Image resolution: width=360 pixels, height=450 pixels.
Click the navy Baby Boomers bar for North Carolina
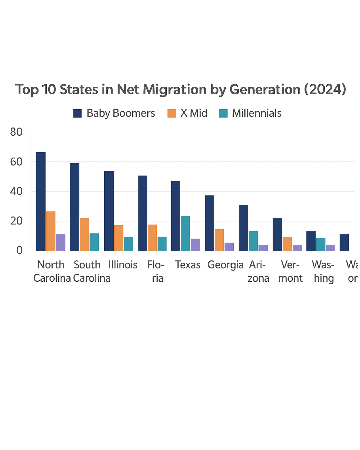(x=41, y=202)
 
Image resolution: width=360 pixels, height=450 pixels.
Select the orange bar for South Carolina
(x=84, y=234)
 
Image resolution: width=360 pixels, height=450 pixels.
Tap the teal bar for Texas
(x=185, y=233)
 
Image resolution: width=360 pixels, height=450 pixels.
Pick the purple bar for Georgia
(x=229, y=247)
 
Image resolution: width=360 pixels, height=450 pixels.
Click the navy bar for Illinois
(x=109, y=211)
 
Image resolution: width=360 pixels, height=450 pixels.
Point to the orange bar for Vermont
(x=287, y=244)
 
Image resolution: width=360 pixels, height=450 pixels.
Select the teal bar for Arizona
(x=253, y=241)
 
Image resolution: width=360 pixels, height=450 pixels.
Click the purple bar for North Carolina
(x=61, y=242)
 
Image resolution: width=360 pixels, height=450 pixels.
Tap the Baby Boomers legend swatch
(x=77, y=113)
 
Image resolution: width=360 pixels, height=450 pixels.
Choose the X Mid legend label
(x=194, y=113)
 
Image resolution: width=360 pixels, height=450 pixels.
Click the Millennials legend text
(x=257, y=113)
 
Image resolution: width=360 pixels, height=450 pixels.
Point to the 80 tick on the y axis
(x=16, y=132)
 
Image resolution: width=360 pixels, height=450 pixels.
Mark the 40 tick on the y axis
(x=16, y=191)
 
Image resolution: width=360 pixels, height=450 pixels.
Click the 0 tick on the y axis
(x=19, y=250)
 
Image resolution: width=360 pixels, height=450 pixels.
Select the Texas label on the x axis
(x=188, y=265)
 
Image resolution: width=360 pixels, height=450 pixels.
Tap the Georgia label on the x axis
(x=225, y=265)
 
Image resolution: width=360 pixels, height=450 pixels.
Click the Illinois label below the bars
(x=123, y=265)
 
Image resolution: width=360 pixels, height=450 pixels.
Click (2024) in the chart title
(x=325, y=90)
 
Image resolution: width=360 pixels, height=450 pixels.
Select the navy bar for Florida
(x=142, y=213)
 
